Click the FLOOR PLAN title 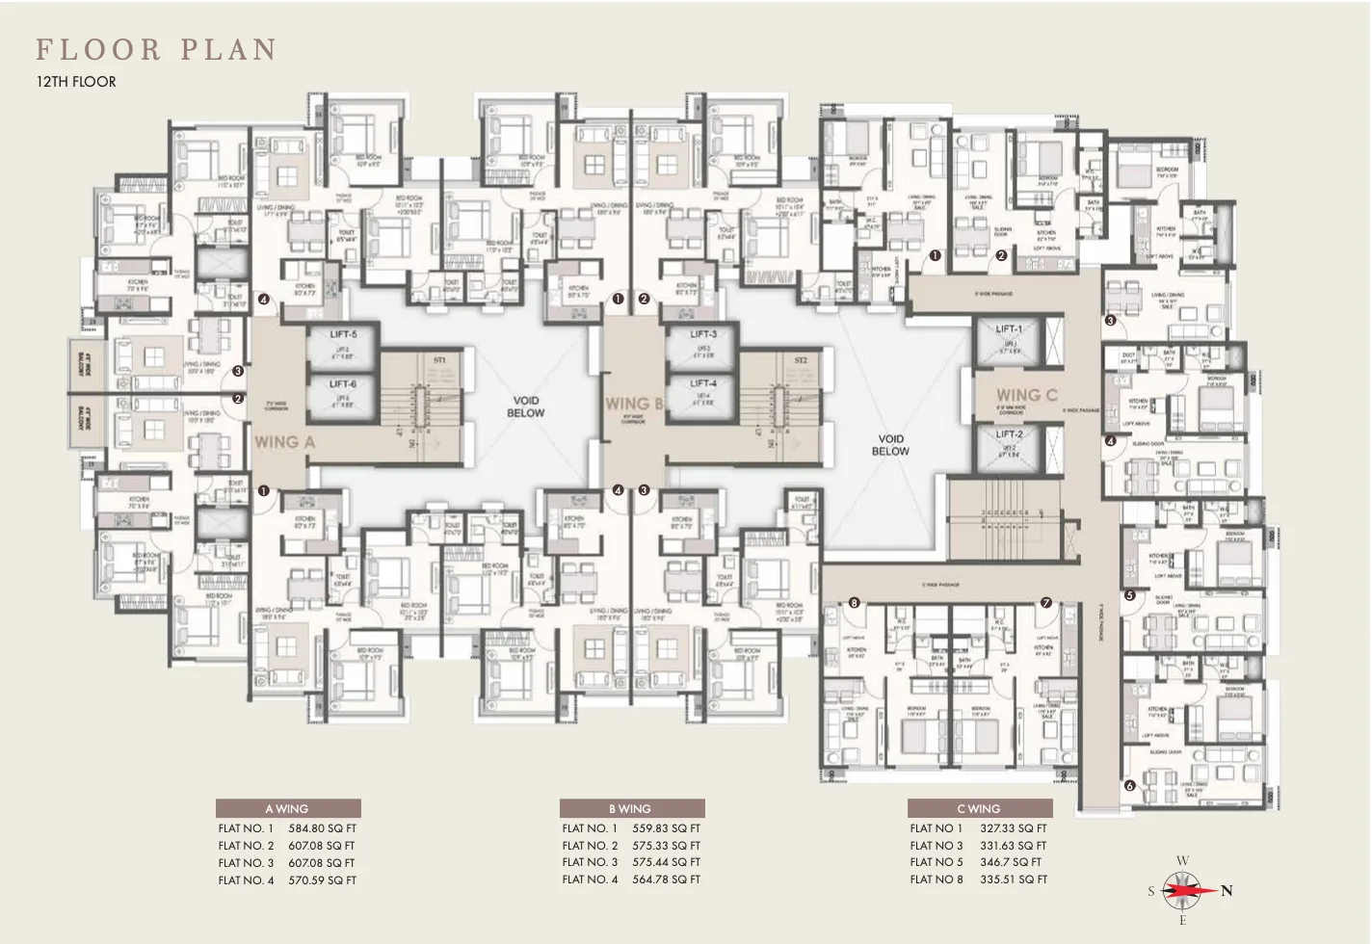point(157,50)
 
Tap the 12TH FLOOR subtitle point(76,82)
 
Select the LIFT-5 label point(343,335)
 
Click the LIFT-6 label point(343,384)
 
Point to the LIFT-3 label point(703,334)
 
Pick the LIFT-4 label point(703,383)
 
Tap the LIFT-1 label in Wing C point(1009,329)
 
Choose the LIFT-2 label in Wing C point(1009,434)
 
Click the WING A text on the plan point(284,442)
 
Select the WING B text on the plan point(633,404)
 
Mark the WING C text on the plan point(1026,395)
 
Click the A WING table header point(287,809)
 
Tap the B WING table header point(630,809)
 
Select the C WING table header point(979,809)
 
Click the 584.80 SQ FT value point(322,828)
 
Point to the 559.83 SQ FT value point(666,828)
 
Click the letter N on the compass point(1227,891)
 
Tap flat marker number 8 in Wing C point(854,604)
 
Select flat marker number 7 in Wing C point(1046,604)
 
